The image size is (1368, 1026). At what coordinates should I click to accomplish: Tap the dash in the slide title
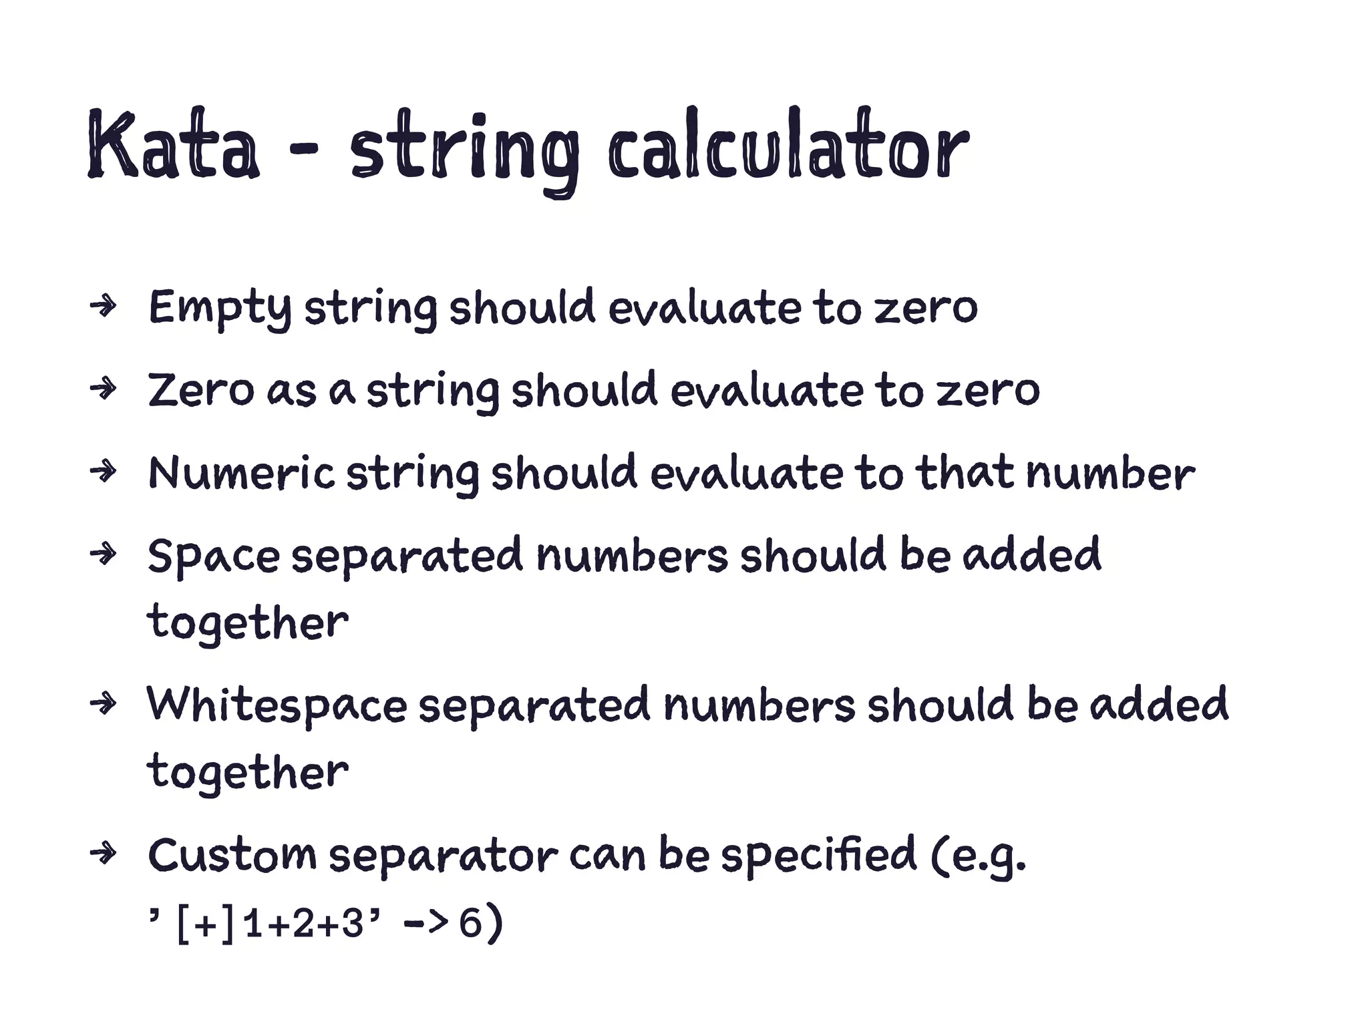pyautogui.click(x=303, y=150)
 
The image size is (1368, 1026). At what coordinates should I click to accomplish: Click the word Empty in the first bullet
pyautogui.click(x=220, y=309)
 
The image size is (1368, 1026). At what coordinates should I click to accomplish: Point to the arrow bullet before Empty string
pyautogui.click(x=104, y=307)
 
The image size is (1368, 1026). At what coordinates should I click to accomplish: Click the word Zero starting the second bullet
pyautogui.click(x=201, y=390)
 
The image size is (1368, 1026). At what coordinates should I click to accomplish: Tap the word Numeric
pyautogui.click(x=241, y=473)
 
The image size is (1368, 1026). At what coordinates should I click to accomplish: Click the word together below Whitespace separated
pyautogui.click(x=248, y=773)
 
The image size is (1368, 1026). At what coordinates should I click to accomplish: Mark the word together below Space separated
pyautogui.click(x=248, y=623)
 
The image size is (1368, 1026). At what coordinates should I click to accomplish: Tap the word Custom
pyautogui.click(x=232, y=855)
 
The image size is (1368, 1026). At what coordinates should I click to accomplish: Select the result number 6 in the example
pyautogui.click(x=470, y=924)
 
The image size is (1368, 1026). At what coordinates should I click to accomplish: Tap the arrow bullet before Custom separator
pyautogui.click(x=104, y=854)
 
